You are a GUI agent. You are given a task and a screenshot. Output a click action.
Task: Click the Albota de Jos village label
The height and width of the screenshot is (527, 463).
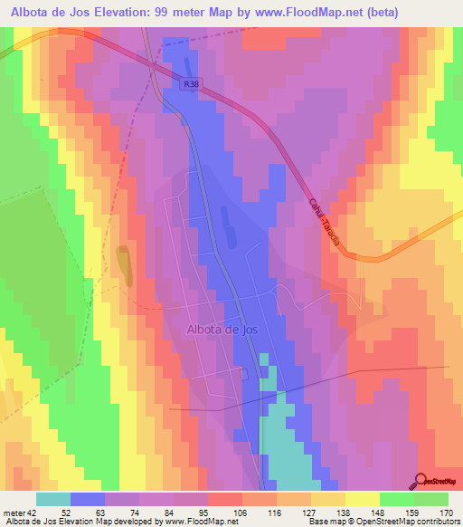click(x=222, y=331)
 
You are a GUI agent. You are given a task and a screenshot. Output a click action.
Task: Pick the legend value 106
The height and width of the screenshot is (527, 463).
click(x=242, y=513)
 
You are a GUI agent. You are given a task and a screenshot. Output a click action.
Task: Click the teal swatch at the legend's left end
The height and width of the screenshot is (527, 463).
click(x=53, y=499)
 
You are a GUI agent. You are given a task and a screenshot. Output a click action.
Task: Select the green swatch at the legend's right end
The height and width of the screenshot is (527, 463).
click(x=431, y=499)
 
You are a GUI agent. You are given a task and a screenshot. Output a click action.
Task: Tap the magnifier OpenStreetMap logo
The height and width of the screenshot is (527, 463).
click(x=420, y=480)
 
